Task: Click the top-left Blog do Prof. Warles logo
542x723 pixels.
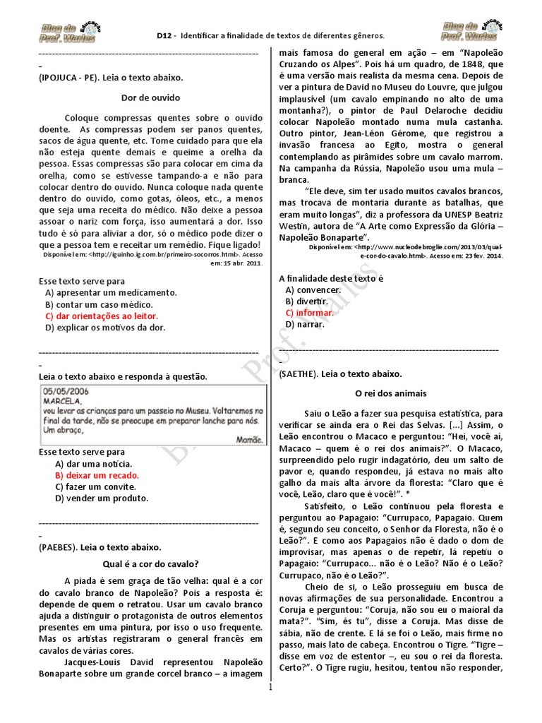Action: [x=64, y=30]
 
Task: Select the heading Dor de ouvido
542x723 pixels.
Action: [x=150, y=97]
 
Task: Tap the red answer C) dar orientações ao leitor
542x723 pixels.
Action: [x=101, y=316]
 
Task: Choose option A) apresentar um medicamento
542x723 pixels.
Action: [x=110, y=292]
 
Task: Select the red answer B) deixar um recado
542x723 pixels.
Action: [x=97, y=475]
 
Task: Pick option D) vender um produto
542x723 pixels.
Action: [x=102, y=498]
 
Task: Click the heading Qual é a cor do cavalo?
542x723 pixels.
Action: [x=150, y=564]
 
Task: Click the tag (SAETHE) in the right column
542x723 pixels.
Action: [x=300, y=374]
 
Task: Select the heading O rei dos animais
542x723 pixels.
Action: [x=390, y=393]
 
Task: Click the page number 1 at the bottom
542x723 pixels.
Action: [x=270, y=712]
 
